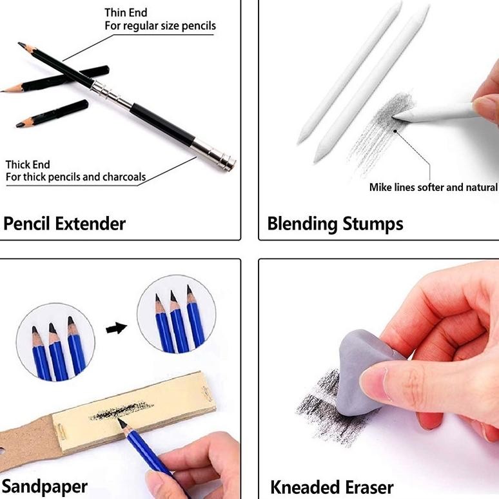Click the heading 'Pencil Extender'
64,224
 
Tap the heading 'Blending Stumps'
335,224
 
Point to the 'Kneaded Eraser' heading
332,486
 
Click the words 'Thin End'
126,13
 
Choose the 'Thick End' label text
28,164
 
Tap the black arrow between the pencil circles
115,328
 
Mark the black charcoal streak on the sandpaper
116,411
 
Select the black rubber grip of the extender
161,122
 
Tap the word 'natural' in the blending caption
481,187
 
